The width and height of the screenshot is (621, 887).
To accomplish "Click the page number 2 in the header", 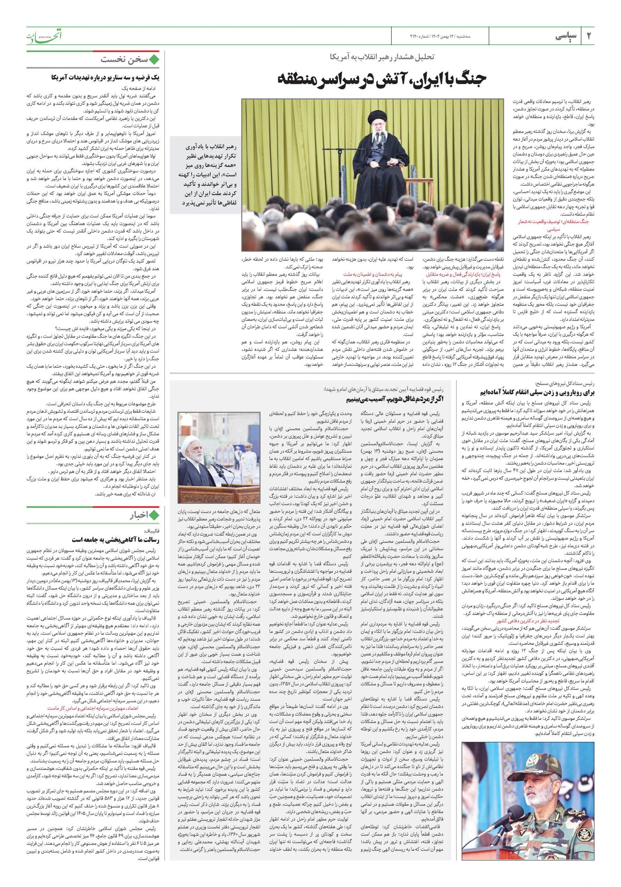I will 588,36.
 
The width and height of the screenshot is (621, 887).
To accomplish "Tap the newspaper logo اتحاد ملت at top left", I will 44,36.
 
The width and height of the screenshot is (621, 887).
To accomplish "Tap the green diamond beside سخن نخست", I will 155,60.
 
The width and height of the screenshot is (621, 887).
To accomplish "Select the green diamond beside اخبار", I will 155,515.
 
